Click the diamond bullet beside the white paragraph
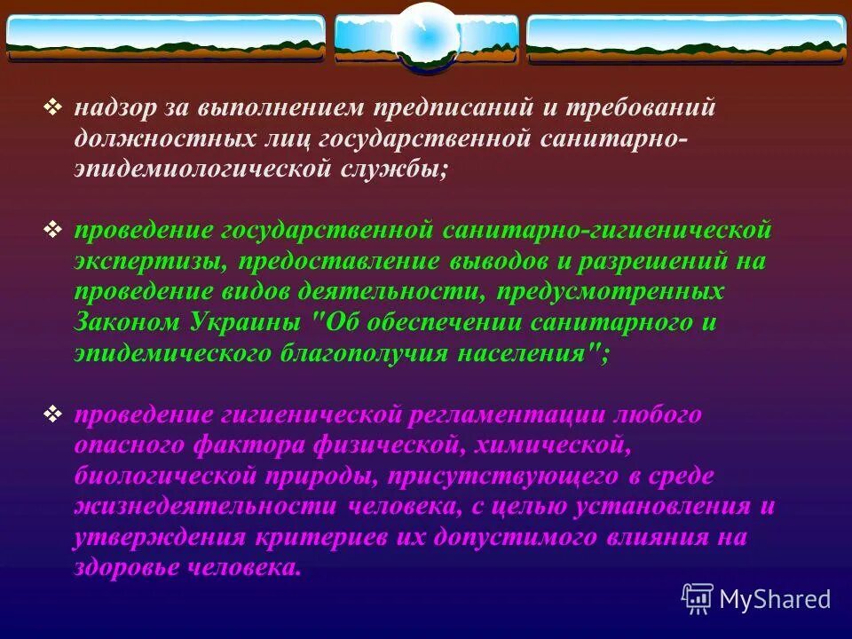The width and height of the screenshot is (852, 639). point(53,108)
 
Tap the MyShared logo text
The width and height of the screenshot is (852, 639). point(774,598)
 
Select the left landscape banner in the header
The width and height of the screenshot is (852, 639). point(166,37)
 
